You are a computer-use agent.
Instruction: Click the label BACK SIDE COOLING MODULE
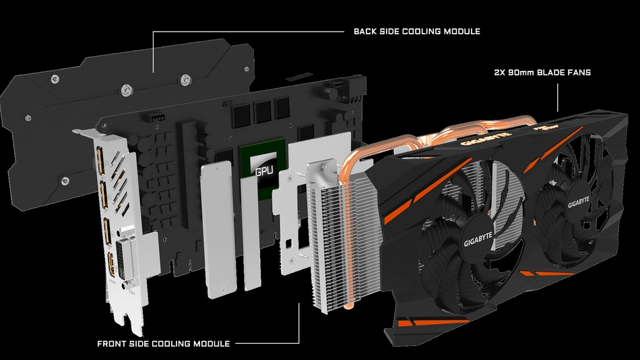point(416,32)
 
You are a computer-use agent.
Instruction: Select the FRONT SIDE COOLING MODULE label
point(164,344)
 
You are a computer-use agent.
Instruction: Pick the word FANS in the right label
point(578,72)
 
